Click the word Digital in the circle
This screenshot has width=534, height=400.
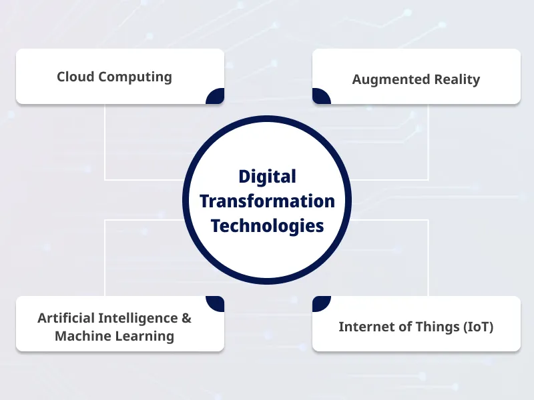267,177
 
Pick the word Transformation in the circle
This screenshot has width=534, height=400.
267,201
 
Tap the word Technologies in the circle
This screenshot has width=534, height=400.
267,225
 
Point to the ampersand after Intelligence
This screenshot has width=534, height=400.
186,317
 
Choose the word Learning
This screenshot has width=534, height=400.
142,337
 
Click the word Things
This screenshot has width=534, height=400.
429,327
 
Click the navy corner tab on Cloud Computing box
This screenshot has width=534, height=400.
216,97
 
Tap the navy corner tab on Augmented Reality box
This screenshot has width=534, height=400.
321,97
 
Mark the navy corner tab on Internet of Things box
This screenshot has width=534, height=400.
321,304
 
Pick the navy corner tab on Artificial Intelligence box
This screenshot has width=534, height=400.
216,304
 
